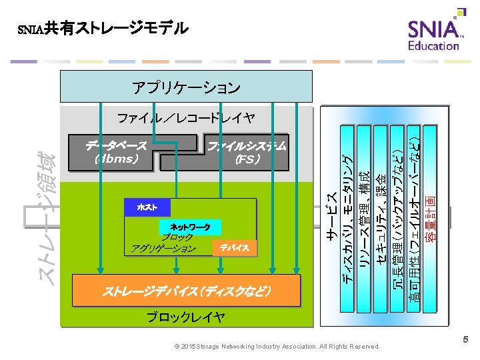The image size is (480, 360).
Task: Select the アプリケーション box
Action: tap(186, 87)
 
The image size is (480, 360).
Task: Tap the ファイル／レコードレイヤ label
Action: tap(186, 119)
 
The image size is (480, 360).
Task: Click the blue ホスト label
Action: tap(147, 207)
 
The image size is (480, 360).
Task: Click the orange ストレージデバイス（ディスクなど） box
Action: tap(186, 291)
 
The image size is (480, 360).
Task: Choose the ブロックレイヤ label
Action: tap(186, 317)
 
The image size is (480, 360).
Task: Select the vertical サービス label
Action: tap(331, 213)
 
